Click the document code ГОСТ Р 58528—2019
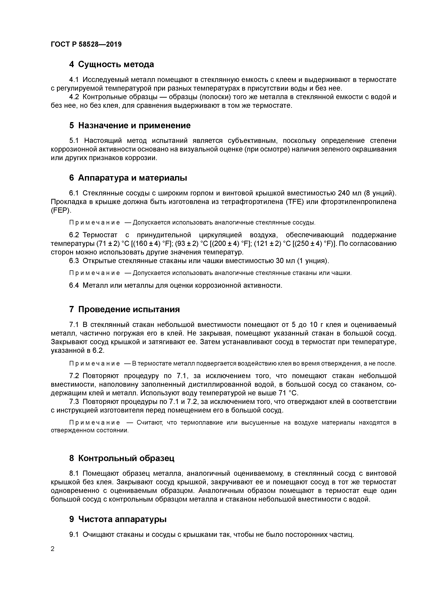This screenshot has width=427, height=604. [86, 44]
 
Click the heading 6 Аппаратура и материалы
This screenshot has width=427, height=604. [128, 178]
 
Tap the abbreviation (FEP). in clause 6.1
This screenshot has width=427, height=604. [61, 210]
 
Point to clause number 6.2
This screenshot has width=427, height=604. [74, 235]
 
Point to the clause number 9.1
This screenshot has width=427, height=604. [74, 534]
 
